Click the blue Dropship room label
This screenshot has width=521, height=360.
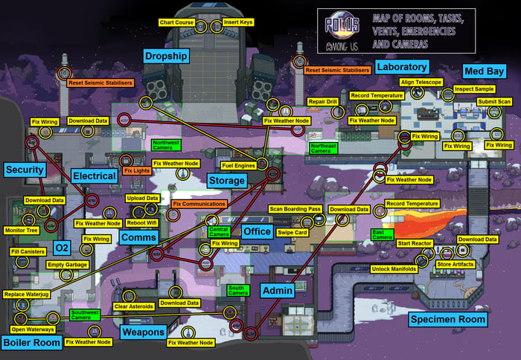[x=167, y=56]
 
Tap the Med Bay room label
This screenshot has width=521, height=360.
[x=485, y=71]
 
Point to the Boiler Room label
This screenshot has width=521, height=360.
[x=31, y=342]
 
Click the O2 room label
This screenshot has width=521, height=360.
[x=61, y=247]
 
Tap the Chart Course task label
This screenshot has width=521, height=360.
[x=177, y=23]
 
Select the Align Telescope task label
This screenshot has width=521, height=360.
[x=421, y=82]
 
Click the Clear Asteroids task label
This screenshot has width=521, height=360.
[x=132, y=306]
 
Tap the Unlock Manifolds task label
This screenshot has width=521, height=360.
[x=391, y=269]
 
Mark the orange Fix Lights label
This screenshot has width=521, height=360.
[x=137, y=170]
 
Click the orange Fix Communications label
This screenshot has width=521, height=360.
[x=199, y=204]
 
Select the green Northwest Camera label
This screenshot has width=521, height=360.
[x=167, y=144]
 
